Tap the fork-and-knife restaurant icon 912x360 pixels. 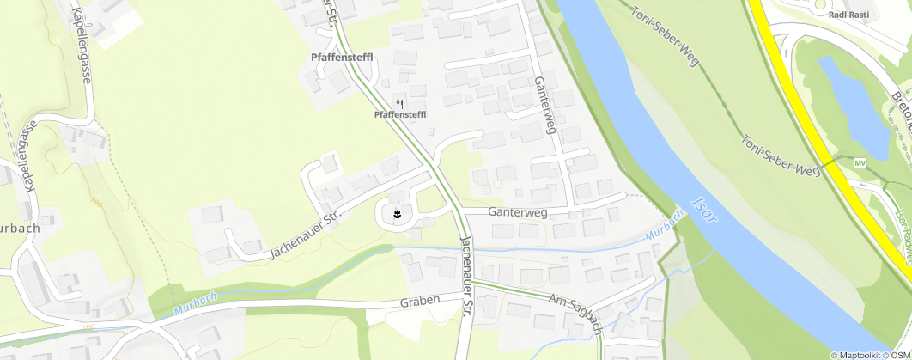[x=400, y=103]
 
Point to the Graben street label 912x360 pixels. [x=420, y=302]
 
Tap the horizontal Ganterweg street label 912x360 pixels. [x=518, y=211]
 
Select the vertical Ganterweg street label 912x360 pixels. [x=544, y=104]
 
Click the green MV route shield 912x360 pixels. [x=860, y=162]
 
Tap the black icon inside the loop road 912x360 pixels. [x=398, y=211]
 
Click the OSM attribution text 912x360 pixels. [x=899, y=354]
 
